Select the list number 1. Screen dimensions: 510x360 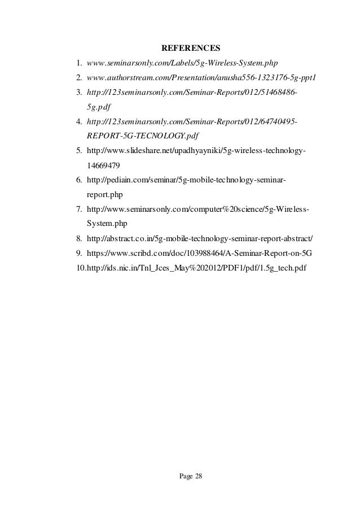[79, 61]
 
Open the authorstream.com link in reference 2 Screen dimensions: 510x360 [201, 76]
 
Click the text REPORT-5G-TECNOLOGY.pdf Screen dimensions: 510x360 [143, 136]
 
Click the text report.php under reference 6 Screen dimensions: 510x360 [105, 195]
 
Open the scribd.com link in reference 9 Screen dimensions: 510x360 [200, 253]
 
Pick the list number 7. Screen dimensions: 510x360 [79, 210]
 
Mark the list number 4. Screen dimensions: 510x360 [79, 121]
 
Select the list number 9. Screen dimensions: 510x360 [79, 253]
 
